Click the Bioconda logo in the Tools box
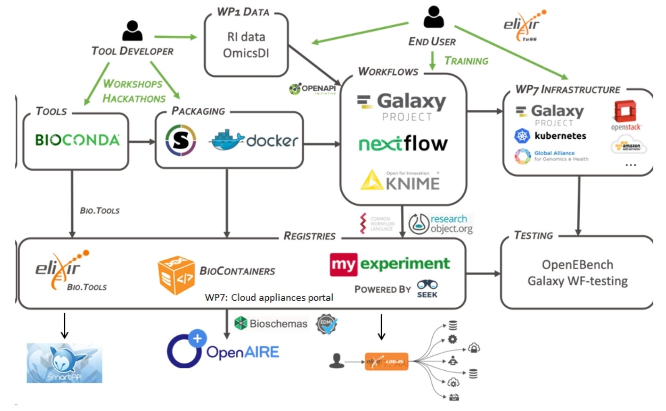point(77,140)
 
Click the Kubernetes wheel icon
point(522,136)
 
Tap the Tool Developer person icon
point(132,31)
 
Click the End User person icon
point(434,17)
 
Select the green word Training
point(466,61)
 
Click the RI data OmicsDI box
point(246,45)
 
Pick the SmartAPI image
point(64,363)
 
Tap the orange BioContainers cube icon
point(176,275)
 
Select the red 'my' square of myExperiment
point(344,265)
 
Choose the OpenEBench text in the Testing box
point(577,265)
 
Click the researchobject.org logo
point(441,224)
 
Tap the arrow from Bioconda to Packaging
point(142,142)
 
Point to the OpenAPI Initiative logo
point(312,89)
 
